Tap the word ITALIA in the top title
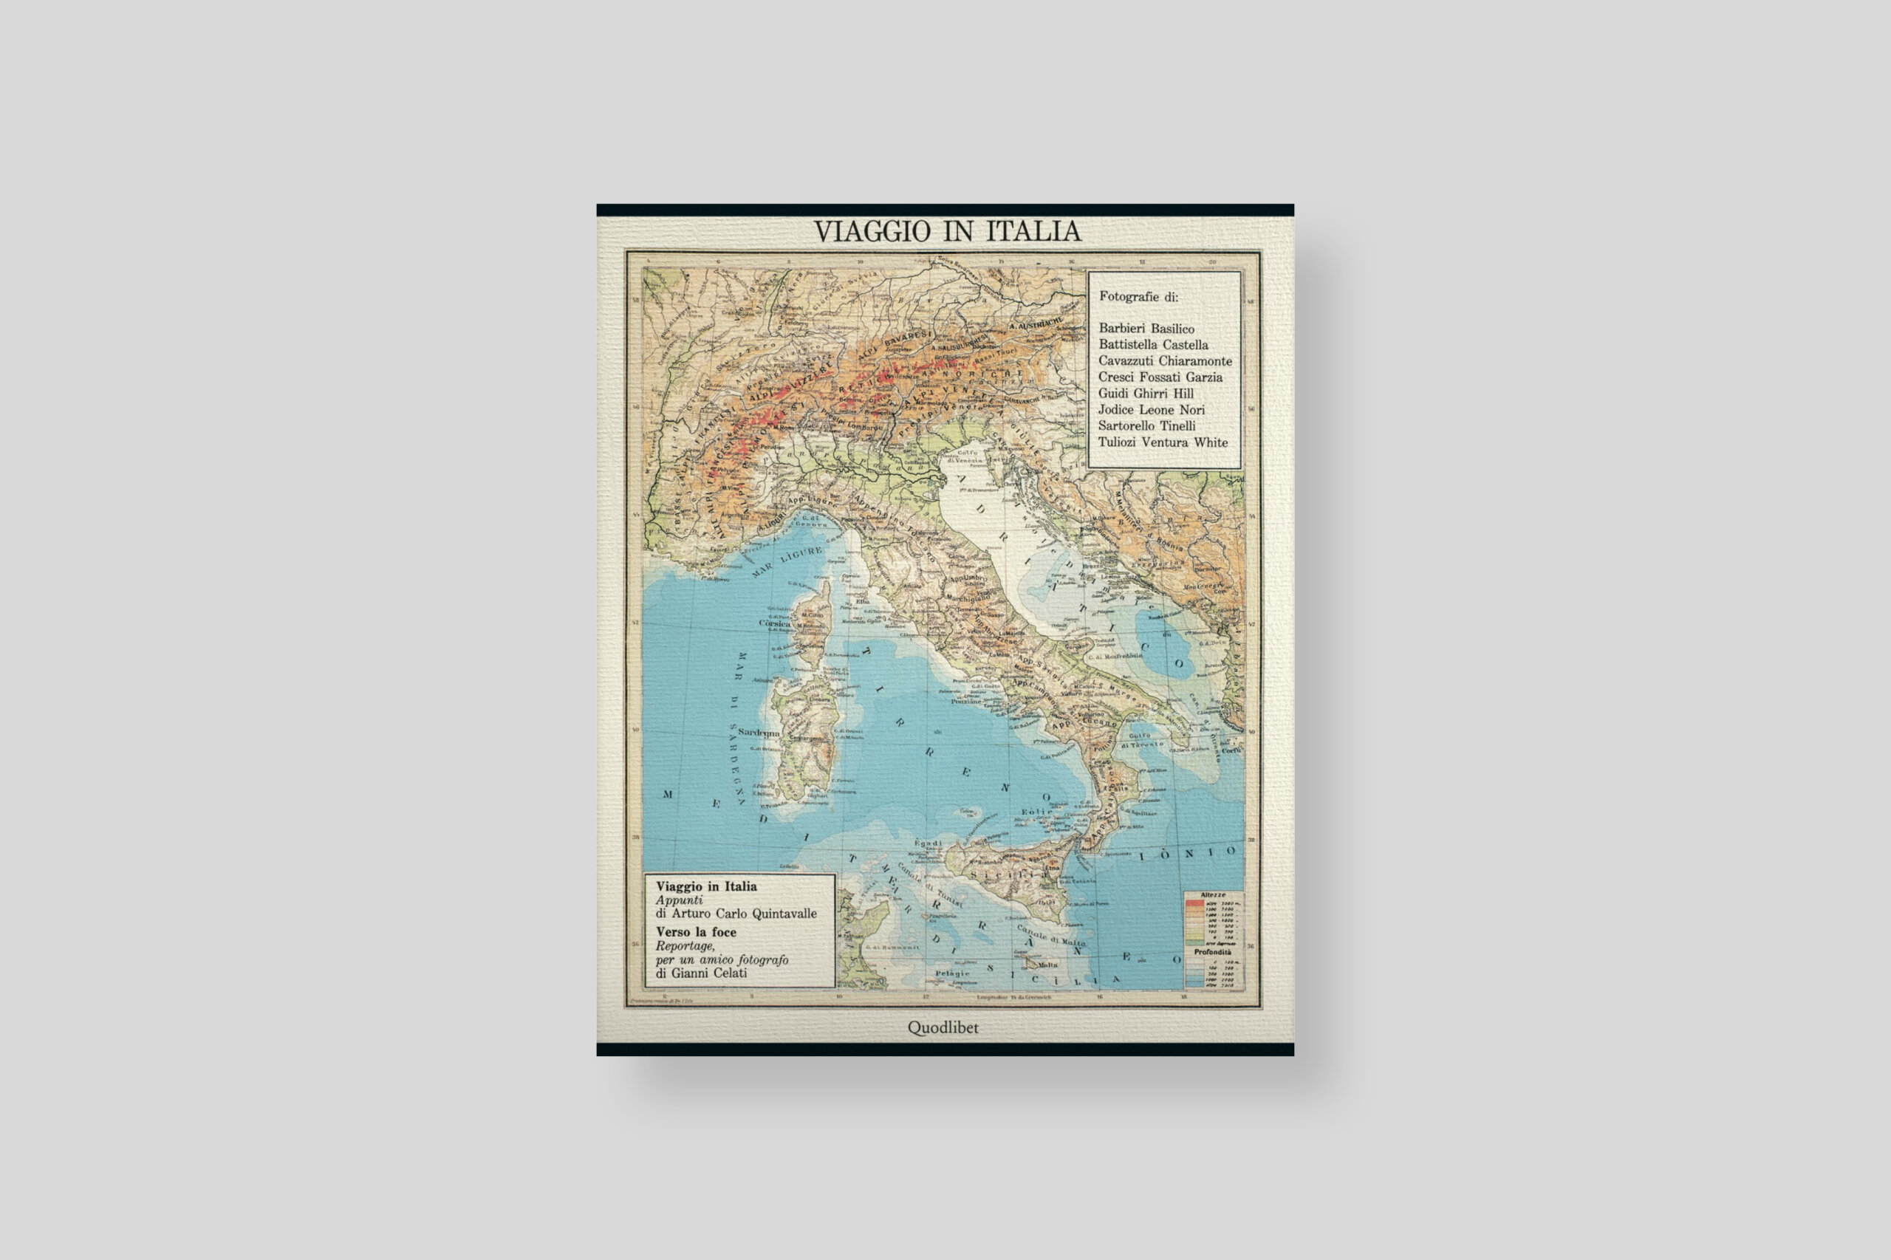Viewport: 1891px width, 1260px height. coord(1033,231)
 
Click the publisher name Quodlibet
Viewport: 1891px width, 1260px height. coord(943,1028)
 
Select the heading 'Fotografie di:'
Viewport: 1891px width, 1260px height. coord(1139,296)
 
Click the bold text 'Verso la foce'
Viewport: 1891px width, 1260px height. coord(696,932)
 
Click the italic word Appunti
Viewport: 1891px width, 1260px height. coord(679,901)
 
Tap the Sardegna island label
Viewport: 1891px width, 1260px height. coord(759,733)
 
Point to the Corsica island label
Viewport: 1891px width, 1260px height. coord(775,623)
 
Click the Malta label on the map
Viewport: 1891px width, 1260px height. coord(1048,965)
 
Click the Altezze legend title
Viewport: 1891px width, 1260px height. coord(1213,895)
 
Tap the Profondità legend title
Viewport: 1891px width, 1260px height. coord(1212,951)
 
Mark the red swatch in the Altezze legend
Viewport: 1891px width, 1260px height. coord(1195,903)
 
